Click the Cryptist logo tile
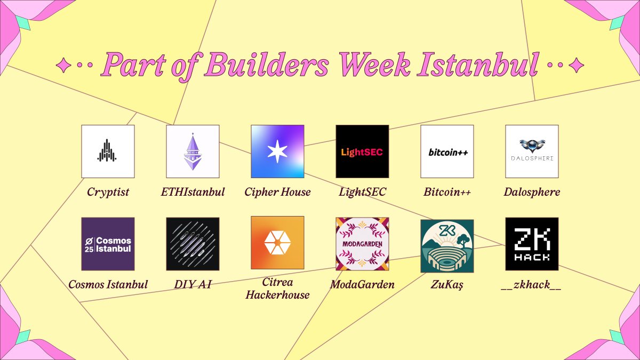(108, 151)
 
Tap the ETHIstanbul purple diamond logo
(193, 151)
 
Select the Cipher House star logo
(277, 151)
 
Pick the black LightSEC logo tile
(362, 151)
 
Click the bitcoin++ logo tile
(447, 151)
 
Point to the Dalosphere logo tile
(532, 151)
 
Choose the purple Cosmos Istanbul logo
(108, 244)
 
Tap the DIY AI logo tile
(193, 244)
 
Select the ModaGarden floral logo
(362, 244)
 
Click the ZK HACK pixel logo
(532, 244)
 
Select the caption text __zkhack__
(532, 285)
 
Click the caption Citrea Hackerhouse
(277, 289)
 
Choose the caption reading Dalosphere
(532, 192)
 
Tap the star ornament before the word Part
(63, 65)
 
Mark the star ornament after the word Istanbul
(576, 65)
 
